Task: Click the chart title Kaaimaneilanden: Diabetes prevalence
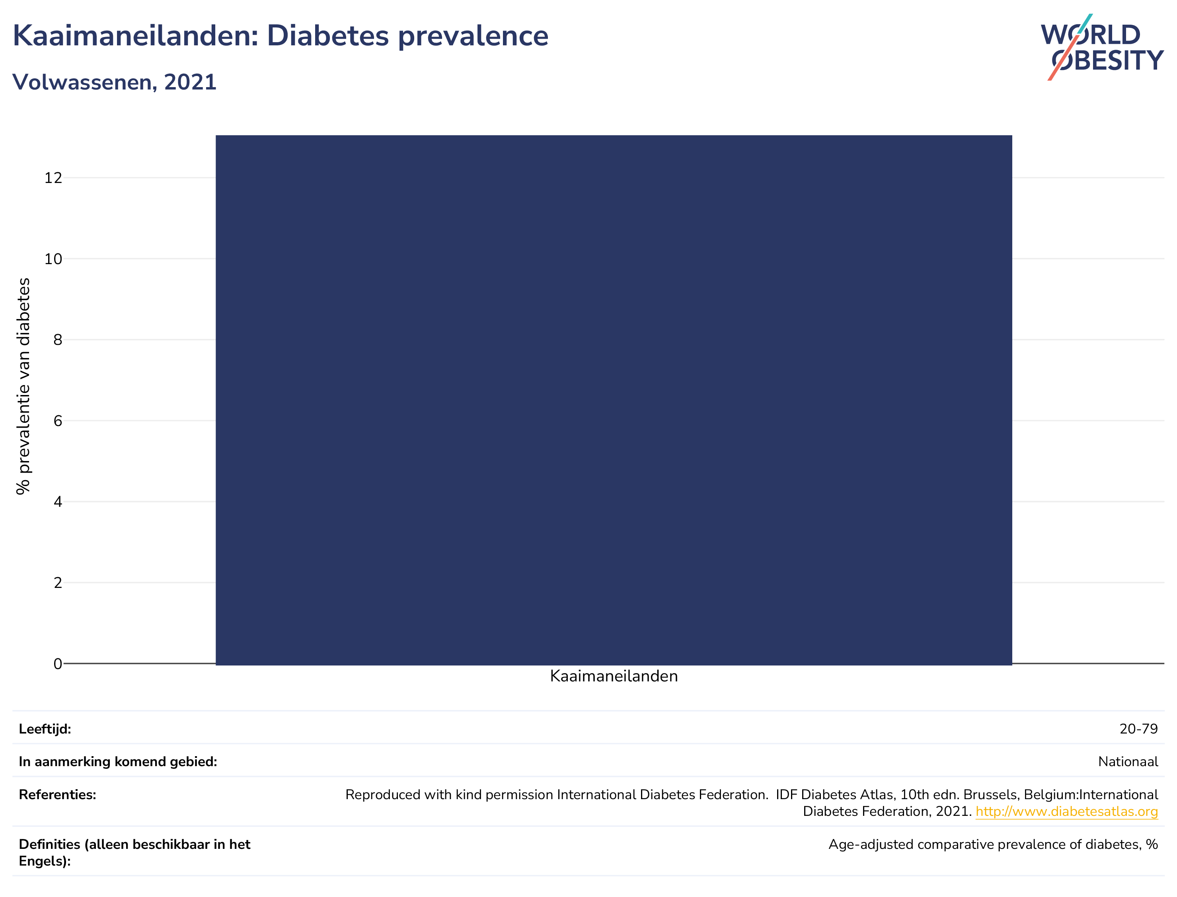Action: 281,36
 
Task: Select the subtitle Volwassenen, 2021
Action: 114,82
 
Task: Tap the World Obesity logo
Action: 1102,47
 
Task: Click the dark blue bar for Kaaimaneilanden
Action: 614,400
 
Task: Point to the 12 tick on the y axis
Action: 53,178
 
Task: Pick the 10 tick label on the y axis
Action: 53,259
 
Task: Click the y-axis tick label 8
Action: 58,340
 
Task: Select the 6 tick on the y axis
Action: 58,421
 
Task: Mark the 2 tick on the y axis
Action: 58,582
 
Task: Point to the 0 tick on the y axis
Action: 58,664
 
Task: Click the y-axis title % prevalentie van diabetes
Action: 23,386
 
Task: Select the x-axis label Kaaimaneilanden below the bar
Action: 614,677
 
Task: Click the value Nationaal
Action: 1128,762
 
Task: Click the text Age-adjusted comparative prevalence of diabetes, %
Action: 993,844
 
